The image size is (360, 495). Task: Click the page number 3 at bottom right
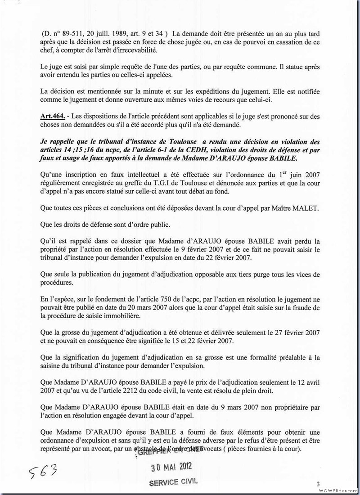318,484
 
